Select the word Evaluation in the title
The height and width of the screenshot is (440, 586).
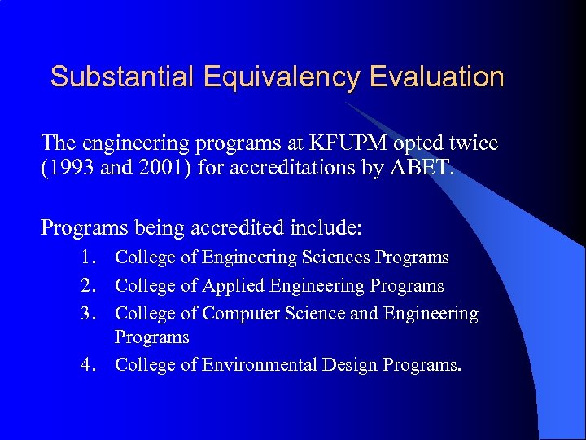coord(437,77)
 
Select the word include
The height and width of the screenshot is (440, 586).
coord(335,225)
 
